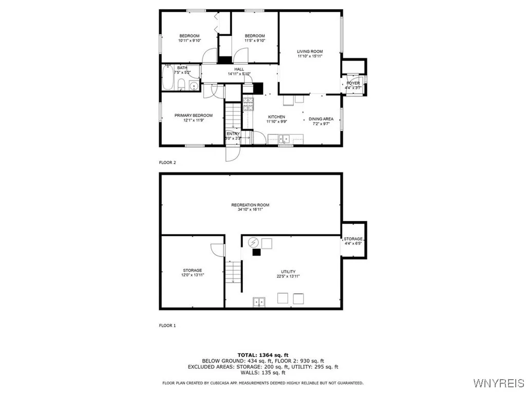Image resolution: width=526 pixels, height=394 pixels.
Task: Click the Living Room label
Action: click(x=310, y=51)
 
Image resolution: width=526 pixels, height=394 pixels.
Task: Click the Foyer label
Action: click(x=353, y=83)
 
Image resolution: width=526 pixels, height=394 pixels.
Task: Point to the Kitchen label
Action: click(x=276, y=117)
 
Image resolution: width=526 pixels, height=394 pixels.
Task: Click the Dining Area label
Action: click(x=321, y=119)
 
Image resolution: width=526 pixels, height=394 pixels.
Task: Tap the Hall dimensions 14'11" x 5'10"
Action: click(x=239, y=74)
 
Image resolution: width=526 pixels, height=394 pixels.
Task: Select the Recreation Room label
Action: click(x=250, y=205)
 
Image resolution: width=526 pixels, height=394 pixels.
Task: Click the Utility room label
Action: click(x=288, y=272)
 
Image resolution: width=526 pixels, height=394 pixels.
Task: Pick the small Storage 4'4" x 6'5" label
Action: click(x=353, y=239)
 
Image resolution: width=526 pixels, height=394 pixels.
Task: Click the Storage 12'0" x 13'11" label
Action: click(x=193, y=270)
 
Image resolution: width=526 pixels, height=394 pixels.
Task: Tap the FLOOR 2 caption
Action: click(x=167, y=163)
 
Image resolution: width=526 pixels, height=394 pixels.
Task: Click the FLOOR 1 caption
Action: click(x=167, y=325)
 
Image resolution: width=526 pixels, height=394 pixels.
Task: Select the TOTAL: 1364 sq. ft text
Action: click(x=262, y=354)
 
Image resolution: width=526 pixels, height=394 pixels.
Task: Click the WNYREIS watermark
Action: click(x=498, y=383)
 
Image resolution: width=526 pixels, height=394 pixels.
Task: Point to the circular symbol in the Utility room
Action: click(x=253, y=242)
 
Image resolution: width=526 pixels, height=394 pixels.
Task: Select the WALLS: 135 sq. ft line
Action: click(x=262, y=373)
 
